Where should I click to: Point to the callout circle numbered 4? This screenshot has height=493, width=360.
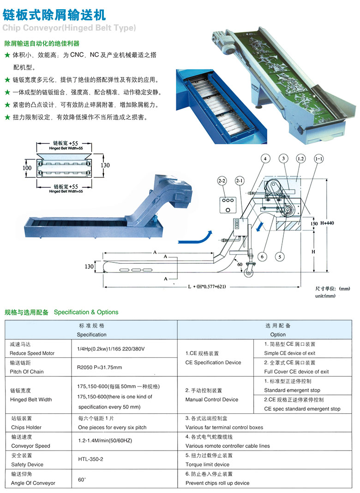[265, 159]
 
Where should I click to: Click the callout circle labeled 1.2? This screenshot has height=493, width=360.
[300, 159]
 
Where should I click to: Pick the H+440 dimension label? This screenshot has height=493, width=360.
[330, 223]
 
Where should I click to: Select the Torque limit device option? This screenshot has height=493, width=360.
[207, 464]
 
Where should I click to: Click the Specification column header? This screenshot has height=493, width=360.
[91, 330]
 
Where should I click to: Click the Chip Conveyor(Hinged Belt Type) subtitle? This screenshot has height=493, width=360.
[69, 28]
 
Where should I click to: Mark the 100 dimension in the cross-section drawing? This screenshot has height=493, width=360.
[27, 168]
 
